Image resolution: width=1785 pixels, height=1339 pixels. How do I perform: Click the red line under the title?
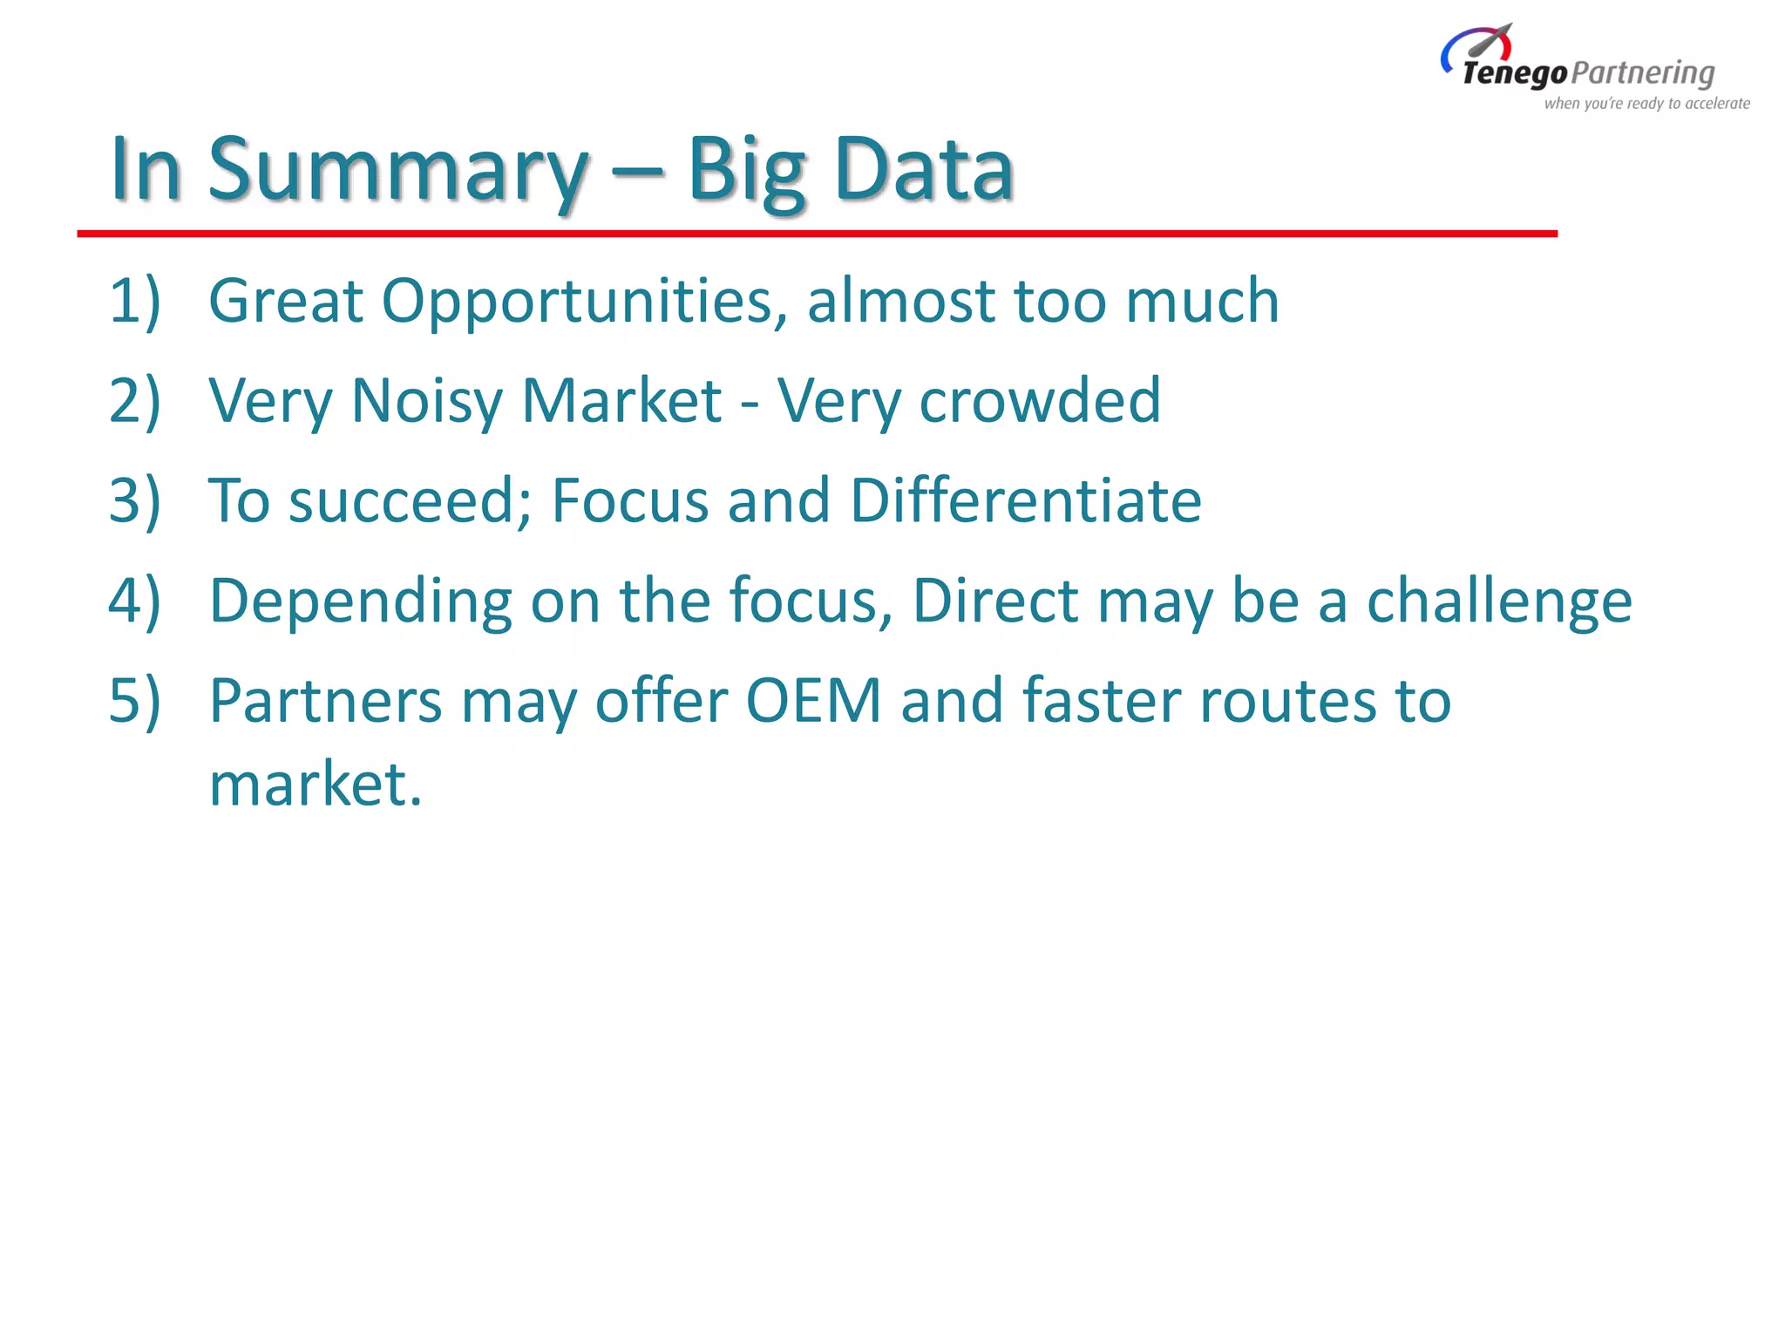[x=817, y=234]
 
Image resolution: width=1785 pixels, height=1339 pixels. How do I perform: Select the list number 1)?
[x=135, y=301]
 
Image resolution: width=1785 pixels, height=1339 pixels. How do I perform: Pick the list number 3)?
[x=135, y=501]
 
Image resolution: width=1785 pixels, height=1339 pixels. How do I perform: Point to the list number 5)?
[x=135, y=701]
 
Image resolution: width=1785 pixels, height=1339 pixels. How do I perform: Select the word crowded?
[x=1040, y=401]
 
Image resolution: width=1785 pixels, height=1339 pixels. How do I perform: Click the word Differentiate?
[x=1026, y=501]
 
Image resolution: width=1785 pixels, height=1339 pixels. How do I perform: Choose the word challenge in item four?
[x=1499, y=602]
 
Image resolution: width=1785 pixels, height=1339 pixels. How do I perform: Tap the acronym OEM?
[x=814, y=701]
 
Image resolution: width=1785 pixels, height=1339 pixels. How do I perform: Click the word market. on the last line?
[x=316, y=784]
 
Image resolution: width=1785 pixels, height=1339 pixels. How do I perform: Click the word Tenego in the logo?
[x=1515, y=74]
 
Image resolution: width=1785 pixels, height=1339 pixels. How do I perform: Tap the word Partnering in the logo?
[x=1643, y=74]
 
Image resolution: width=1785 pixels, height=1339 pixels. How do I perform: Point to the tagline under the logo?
[x=1646, y=104]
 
